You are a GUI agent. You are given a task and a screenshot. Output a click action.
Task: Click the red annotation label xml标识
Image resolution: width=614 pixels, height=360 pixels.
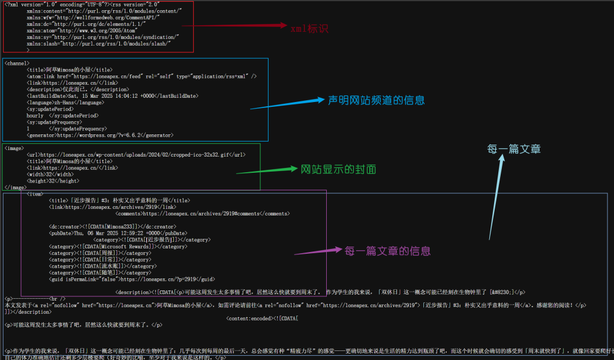click(309, 28)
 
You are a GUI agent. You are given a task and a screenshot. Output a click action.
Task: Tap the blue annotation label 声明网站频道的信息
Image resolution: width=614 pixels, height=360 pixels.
click(376, 100)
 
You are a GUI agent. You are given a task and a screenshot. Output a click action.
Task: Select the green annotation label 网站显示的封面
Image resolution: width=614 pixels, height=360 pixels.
click(338, 169)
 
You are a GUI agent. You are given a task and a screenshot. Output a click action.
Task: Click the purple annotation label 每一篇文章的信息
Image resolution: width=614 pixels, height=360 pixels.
click(387, 250)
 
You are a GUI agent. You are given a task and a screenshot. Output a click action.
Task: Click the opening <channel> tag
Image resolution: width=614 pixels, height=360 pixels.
click(17, 62)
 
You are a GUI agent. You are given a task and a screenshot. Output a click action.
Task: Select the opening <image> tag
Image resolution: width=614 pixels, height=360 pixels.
click(14, 148)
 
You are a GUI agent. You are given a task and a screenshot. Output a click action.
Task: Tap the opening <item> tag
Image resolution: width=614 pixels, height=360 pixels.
click(35, 194)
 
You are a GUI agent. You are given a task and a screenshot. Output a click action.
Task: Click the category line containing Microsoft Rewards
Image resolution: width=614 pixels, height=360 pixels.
click(118, 246)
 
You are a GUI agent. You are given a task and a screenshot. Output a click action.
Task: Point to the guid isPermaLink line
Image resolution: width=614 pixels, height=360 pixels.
click(131, 279)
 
